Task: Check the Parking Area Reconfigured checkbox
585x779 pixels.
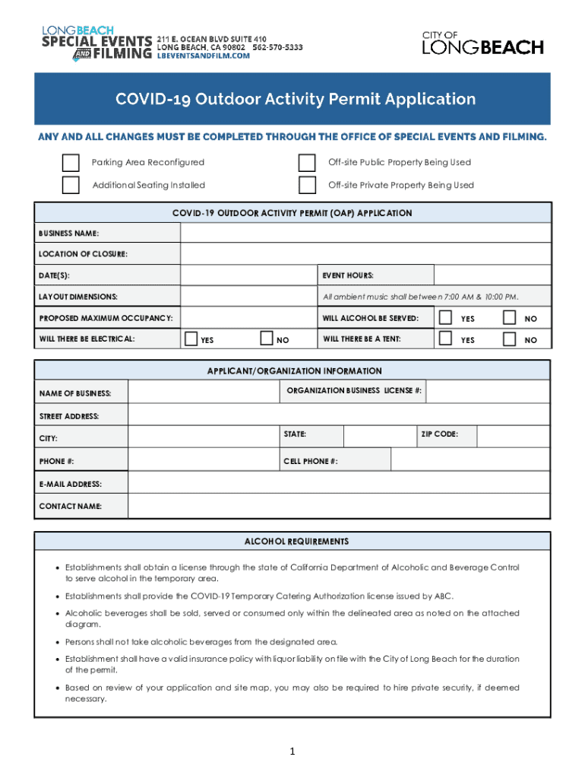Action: (x=71, y=163)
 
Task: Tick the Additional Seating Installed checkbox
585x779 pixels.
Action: (x=71, y=185)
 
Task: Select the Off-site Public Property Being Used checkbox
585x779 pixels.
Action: (x=307, y=163)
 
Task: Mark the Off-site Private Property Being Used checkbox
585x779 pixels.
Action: (x=307, y=185)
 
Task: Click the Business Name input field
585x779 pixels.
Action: (x=365, y=232)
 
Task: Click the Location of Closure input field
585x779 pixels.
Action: (x=365, y=253)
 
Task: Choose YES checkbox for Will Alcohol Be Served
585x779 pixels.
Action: (x=446, y=317)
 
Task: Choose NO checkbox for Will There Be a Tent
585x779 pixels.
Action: (x=510, y=339)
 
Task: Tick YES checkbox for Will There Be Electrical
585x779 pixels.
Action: (x=191, y=339)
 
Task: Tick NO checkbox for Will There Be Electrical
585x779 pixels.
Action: (x=266, y=339)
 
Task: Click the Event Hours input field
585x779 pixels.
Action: (x=492, y=275)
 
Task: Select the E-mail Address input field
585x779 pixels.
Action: (x=339, y=483)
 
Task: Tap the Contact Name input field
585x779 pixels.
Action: (x=339, y=506)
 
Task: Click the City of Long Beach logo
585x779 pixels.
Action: (x=482, y=43)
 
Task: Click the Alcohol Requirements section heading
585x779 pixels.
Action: (x=296, y=542)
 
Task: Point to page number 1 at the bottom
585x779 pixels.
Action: (x=292, y=752)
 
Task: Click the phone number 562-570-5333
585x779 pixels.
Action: (x=277, y=47)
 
